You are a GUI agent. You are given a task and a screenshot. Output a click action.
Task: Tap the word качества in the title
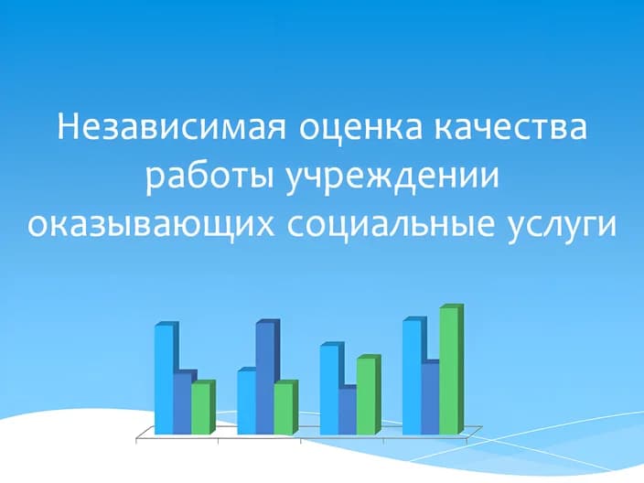tap(509, 126)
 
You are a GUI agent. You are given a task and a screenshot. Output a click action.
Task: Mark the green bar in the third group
tap(367, 395)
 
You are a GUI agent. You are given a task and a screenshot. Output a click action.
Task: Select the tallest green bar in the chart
tap(449, 370)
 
